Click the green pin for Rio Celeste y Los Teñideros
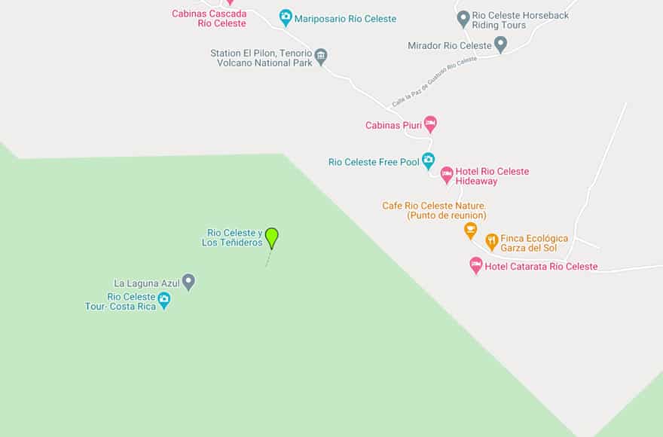click(x=272, y=237)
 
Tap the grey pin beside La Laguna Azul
click(x=188, y=282)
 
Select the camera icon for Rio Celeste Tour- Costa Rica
click(x=163, y=301)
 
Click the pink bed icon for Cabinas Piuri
click(x=430, y=124)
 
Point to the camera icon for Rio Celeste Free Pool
click(x=428, y=160)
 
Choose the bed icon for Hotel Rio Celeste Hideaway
click(x=447, y=176)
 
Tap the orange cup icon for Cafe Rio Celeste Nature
click(x=471, y=230)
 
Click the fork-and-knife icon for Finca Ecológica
click(x=492, y=242)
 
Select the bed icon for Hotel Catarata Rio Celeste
click(x=475, y=265)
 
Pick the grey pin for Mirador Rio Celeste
click(x=500, y=44)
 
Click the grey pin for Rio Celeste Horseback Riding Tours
click(x=463, y=18)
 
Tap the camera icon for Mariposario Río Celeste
click(x=286, y=17)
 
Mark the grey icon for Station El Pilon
click(x=321, y=56)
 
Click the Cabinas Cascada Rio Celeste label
click(x=209, y=18)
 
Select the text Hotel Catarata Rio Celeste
click(x=541, y=266)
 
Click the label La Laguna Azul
click(x=147, y=283)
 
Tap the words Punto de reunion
click(x=446, y=215)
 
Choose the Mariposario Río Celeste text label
click(x=345, y=19)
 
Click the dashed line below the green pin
click(x=267, y=258)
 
